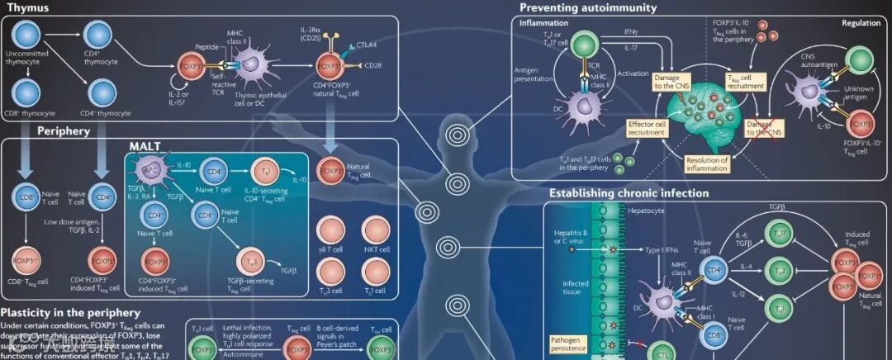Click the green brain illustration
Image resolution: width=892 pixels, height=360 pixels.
pos(698,115)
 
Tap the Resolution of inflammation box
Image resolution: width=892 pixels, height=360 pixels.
pos(706,162)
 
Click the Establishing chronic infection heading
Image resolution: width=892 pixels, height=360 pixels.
pos(629,193)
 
